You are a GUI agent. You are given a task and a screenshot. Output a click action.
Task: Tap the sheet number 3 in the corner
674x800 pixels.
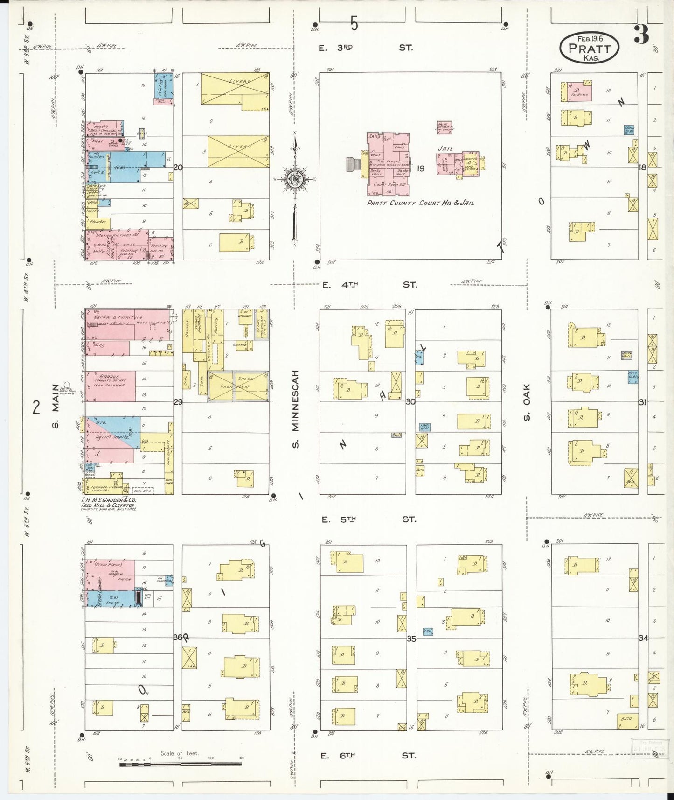coord(641,34)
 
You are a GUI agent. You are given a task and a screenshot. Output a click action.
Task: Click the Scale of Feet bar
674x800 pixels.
coord(182,764)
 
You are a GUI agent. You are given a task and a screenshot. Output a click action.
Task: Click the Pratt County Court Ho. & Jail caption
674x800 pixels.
coord(420,203)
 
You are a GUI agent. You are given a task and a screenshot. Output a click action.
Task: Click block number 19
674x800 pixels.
coord(420,168)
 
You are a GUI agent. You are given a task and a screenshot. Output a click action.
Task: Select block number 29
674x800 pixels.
coord(178,402)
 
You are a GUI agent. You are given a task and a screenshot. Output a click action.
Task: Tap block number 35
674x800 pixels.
coord(411,639)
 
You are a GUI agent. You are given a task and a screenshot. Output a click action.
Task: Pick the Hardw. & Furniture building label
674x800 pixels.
coord(118,317)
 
